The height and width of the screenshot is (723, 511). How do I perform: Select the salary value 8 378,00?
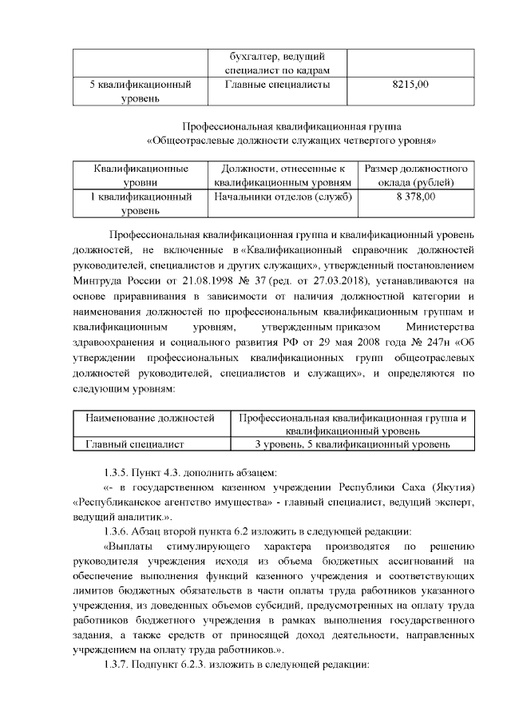click(x=415, y=196)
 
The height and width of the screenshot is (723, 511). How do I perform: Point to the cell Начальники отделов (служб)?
click(x=278, y=196)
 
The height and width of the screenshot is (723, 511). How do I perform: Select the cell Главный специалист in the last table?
click(x=137, y=444)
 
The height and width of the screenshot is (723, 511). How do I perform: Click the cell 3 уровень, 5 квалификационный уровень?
click(x=352, y=444)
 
